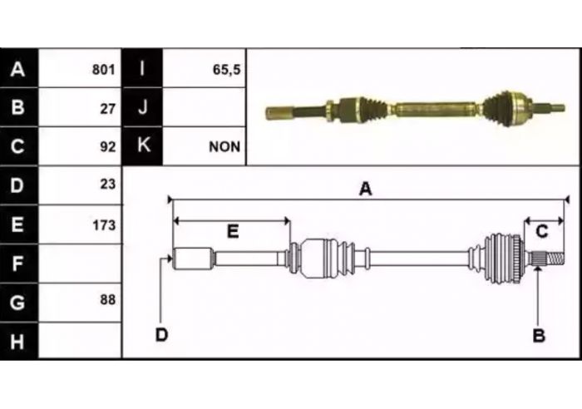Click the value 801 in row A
(x=104, y=69)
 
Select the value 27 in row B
(x=107, y=108)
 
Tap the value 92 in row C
(x=107, y=146)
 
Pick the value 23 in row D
(x=107, y=184)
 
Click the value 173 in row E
(x=104, y=225)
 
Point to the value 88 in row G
(x=107, y=299)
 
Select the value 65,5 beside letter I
(x=226, y=69)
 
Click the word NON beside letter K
(x=224, y=147)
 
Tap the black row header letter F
(x=17, y=264)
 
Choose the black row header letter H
(x=17, y=342)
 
